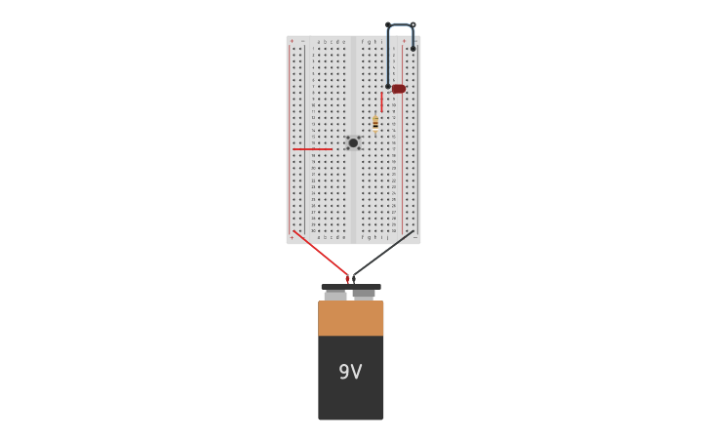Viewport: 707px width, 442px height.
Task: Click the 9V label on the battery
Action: (x=350, y=372)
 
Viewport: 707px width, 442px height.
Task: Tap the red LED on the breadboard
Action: (x=398, y=89)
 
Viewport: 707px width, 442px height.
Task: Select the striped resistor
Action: (x=375, y=122)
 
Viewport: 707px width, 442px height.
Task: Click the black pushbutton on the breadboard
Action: (x=353, y=142)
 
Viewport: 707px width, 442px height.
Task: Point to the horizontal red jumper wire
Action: (x=312, y=149)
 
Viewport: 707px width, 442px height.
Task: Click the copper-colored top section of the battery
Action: (x=351, y=318)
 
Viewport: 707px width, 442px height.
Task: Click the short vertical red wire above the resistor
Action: (x=381, y=101)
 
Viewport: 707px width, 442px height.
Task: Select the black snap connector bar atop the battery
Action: (x=351, y=287)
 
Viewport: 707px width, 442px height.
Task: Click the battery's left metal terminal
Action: (x=335, y=295)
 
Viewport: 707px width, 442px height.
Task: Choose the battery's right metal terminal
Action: (x=364, y=294)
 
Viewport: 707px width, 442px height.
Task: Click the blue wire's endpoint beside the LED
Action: (x=388, y=86)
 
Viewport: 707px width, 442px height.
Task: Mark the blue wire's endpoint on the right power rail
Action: (x=412, y=48)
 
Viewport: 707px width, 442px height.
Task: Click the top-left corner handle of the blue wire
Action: (x=388, y=25)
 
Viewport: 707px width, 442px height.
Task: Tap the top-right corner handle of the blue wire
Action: (x=412, y=25)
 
